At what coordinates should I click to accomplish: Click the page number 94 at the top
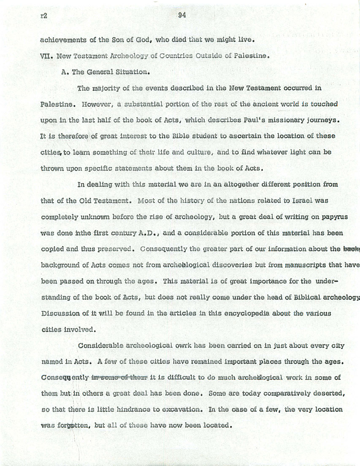click(182, 16)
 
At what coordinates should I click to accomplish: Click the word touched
click(324, 104)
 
